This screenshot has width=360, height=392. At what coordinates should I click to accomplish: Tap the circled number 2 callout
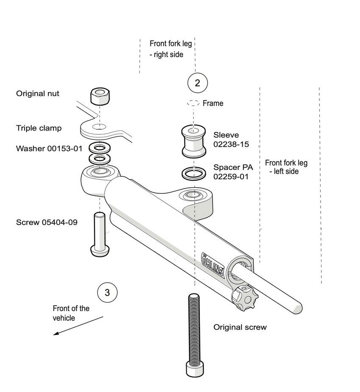click(197, 83)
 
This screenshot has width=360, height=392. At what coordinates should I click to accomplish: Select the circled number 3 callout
click(107, 292)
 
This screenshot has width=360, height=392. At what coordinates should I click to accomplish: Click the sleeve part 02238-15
click(193, 141)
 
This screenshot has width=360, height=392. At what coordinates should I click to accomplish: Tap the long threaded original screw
click(193, 331)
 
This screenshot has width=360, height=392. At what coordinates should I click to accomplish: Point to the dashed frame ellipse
click(193, 103)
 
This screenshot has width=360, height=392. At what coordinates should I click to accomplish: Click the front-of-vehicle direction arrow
click(78, 325)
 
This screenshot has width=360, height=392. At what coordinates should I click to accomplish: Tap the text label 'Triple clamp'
click(39, 128)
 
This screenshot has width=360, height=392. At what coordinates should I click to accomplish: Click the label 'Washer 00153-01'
click(49, 149)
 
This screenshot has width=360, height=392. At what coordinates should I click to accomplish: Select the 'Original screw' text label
click(240, 327)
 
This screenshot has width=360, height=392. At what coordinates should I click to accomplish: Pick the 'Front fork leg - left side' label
click(286, 167)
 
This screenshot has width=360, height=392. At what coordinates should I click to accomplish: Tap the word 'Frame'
click(213, 103)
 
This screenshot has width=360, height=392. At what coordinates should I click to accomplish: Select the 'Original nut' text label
click(38, 93)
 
